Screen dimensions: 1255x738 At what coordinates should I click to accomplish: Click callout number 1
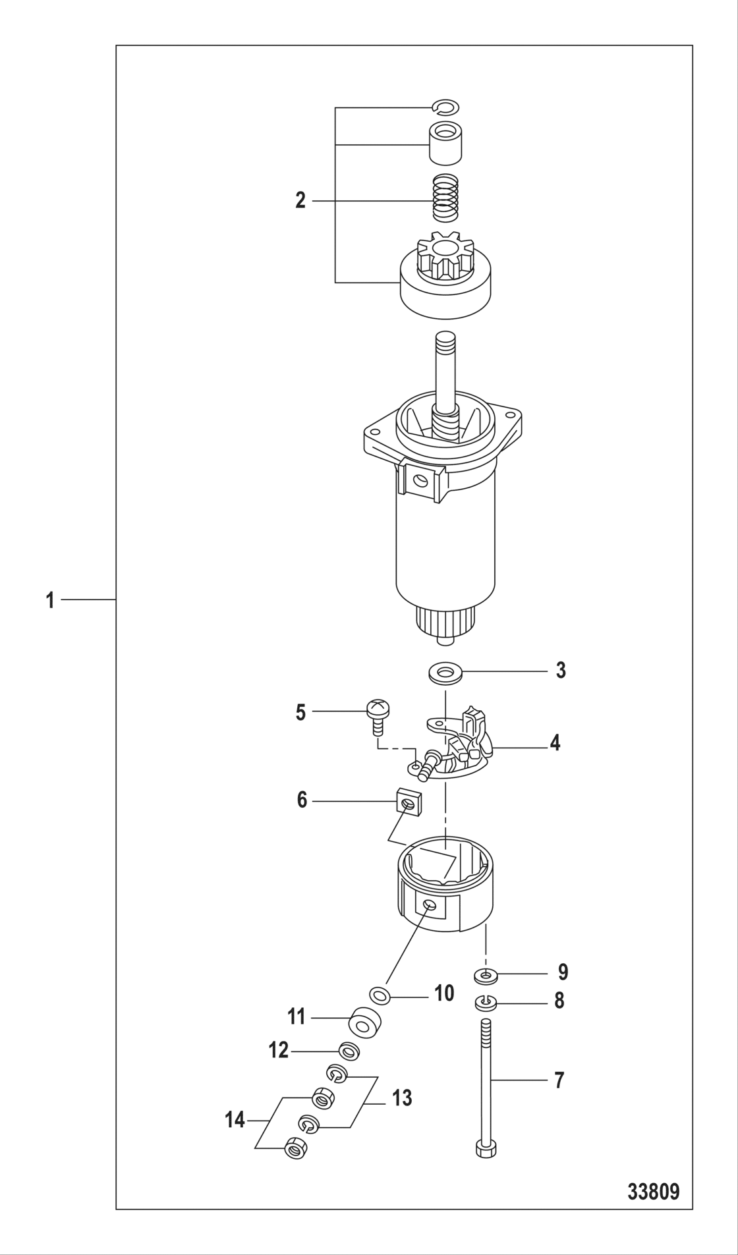coord(50,600)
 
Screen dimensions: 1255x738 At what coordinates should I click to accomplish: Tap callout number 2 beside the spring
coord(300,200)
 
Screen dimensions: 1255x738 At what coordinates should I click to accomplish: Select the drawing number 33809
coord(653,1192)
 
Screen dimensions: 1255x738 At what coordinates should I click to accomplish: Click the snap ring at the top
coord(446,107)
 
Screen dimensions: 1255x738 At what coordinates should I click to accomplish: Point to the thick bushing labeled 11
coord(366,1022)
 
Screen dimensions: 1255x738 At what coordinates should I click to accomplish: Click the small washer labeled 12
coord(349,1051)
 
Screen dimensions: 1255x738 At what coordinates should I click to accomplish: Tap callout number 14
coord(235,1120)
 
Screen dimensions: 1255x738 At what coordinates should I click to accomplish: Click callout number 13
coord(402,1098)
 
